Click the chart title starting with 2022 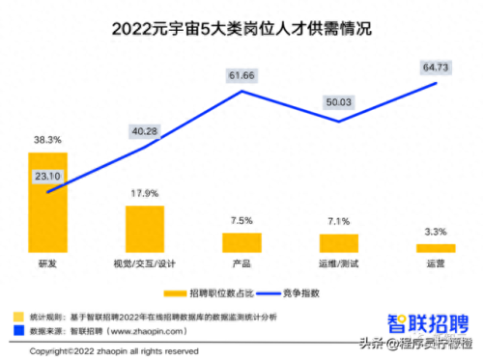click(x=241, y=30)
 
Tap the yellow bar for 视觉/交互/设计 click(x=145, y=229)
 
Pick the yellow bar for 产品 click(x=241, y=242)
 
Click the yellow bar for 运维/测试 click(x=338, y=242)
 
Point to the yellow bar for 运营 click(x=435, y=248)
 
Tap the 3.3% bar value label click(x=435, y=233)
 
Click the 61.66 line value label click(x=241, y=75)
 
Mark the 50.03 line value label click(x=339, y=102)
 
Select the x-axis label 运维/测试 click(x=338, y=263)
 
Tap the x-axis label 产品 click(x=241, y=263)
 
